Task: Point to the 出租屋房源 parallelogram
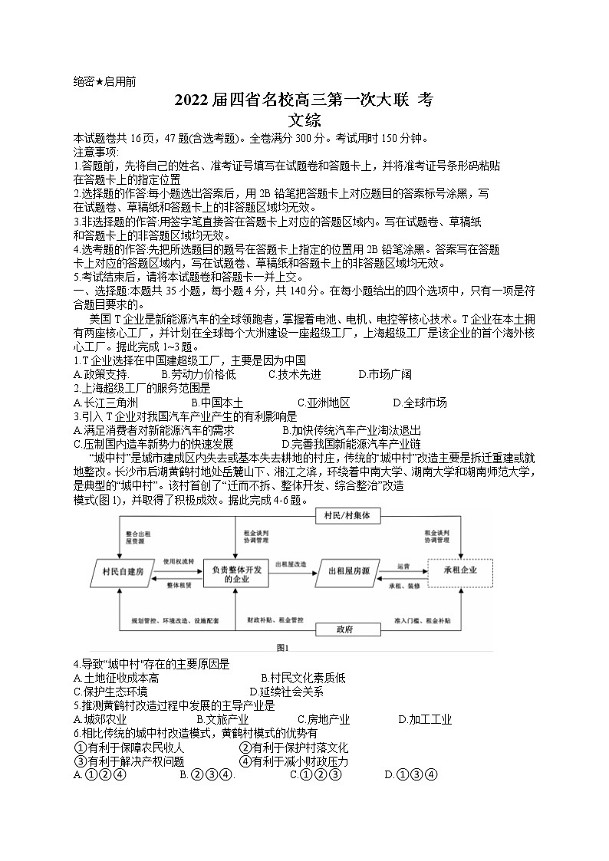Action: click(x=349, y=571)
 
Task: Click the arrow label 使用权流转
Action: click(x=179, y=561)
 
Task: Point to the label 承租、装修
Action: click(x=403, y=585)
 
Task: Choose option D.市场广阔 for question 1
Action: click(x=385, y=374)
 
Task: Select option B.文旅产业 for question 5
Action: click(x=222, y=719)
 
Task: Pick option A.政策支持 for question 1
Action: click(x=100, y=374)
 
